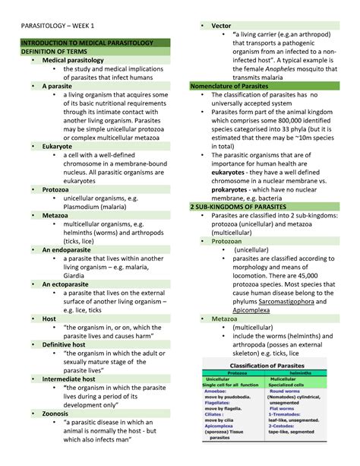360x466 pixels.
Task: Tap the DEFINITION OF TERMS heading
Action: (54, 51)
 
